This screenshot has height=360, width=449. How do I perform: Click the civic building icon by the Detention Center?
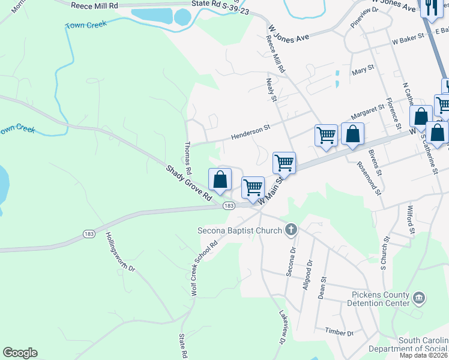pyautogui.click(x=419, y=296)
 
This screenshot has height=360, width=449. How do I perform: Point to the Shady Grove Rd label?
pyautogui.click(x=189, y=184)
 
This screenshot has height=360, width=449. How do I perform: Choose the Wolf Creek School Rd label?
pyautogui.click(x=204, y=268)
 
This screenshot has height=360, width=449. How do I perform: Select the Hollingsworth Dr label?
pyautogui.click(x=121, y=253)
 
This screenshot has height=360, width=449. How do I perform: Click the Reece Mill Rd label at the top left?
pyautogui.click(x=95, y=5)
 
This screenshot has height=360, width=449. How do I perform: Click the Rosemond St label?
pyautogui.click(x=369, y=178)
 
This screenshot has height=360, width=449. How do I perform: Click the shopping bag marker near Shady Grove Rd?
pyautogui.click(x=220, y=179)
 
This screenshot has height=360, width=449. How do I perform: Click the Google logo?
pyautogui.click(x=20, y=353)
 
